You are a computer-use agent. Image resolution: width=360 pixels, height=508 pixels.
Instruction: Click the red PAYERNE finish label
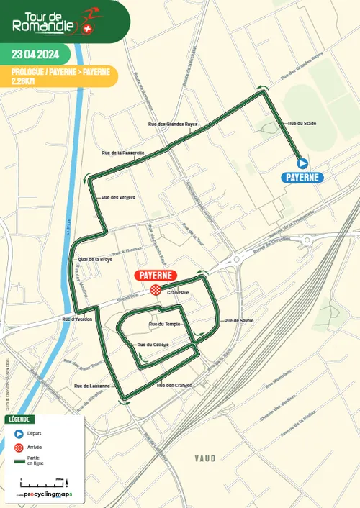(x=155, y=276)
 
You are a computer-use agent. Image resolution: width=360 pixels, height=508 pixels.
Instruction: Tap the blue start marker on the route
(x=302, y=163)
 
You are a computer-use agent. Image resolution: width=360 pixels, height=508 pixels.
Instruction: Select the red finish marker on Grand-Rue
(x=155, y=289)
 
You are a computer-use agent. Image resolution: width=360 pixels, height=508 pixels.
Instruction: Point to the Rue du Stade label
(x=302, y=124)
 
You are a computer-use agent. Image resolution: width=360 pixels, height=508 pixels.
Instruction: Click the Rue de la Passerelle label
(x=123, y=153)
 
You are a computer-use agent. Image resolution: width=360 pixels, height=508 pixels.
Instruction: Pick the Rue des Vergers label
(x=119, y=197)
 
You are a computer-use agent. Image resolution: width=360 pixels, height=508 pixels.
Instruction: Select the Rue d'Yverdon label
(x=77, y=319)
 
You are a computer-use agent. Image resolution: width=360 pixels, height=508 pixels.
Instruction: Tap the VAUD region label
(x=205, y=458)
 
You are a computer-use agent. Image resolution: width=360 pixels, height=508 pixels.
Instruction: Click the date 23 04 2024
(x=36, y=53)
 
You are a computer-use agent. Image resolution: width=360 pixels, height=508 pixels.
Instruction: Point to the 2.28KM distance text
(x=26, y=81)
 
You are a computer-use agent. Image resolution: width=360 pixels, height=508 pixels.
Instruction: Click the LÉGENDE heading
(x=19, y=419)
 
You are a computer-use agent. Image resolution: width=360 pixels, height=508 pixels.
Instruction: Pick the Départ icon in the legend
(x=19, y=434)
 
